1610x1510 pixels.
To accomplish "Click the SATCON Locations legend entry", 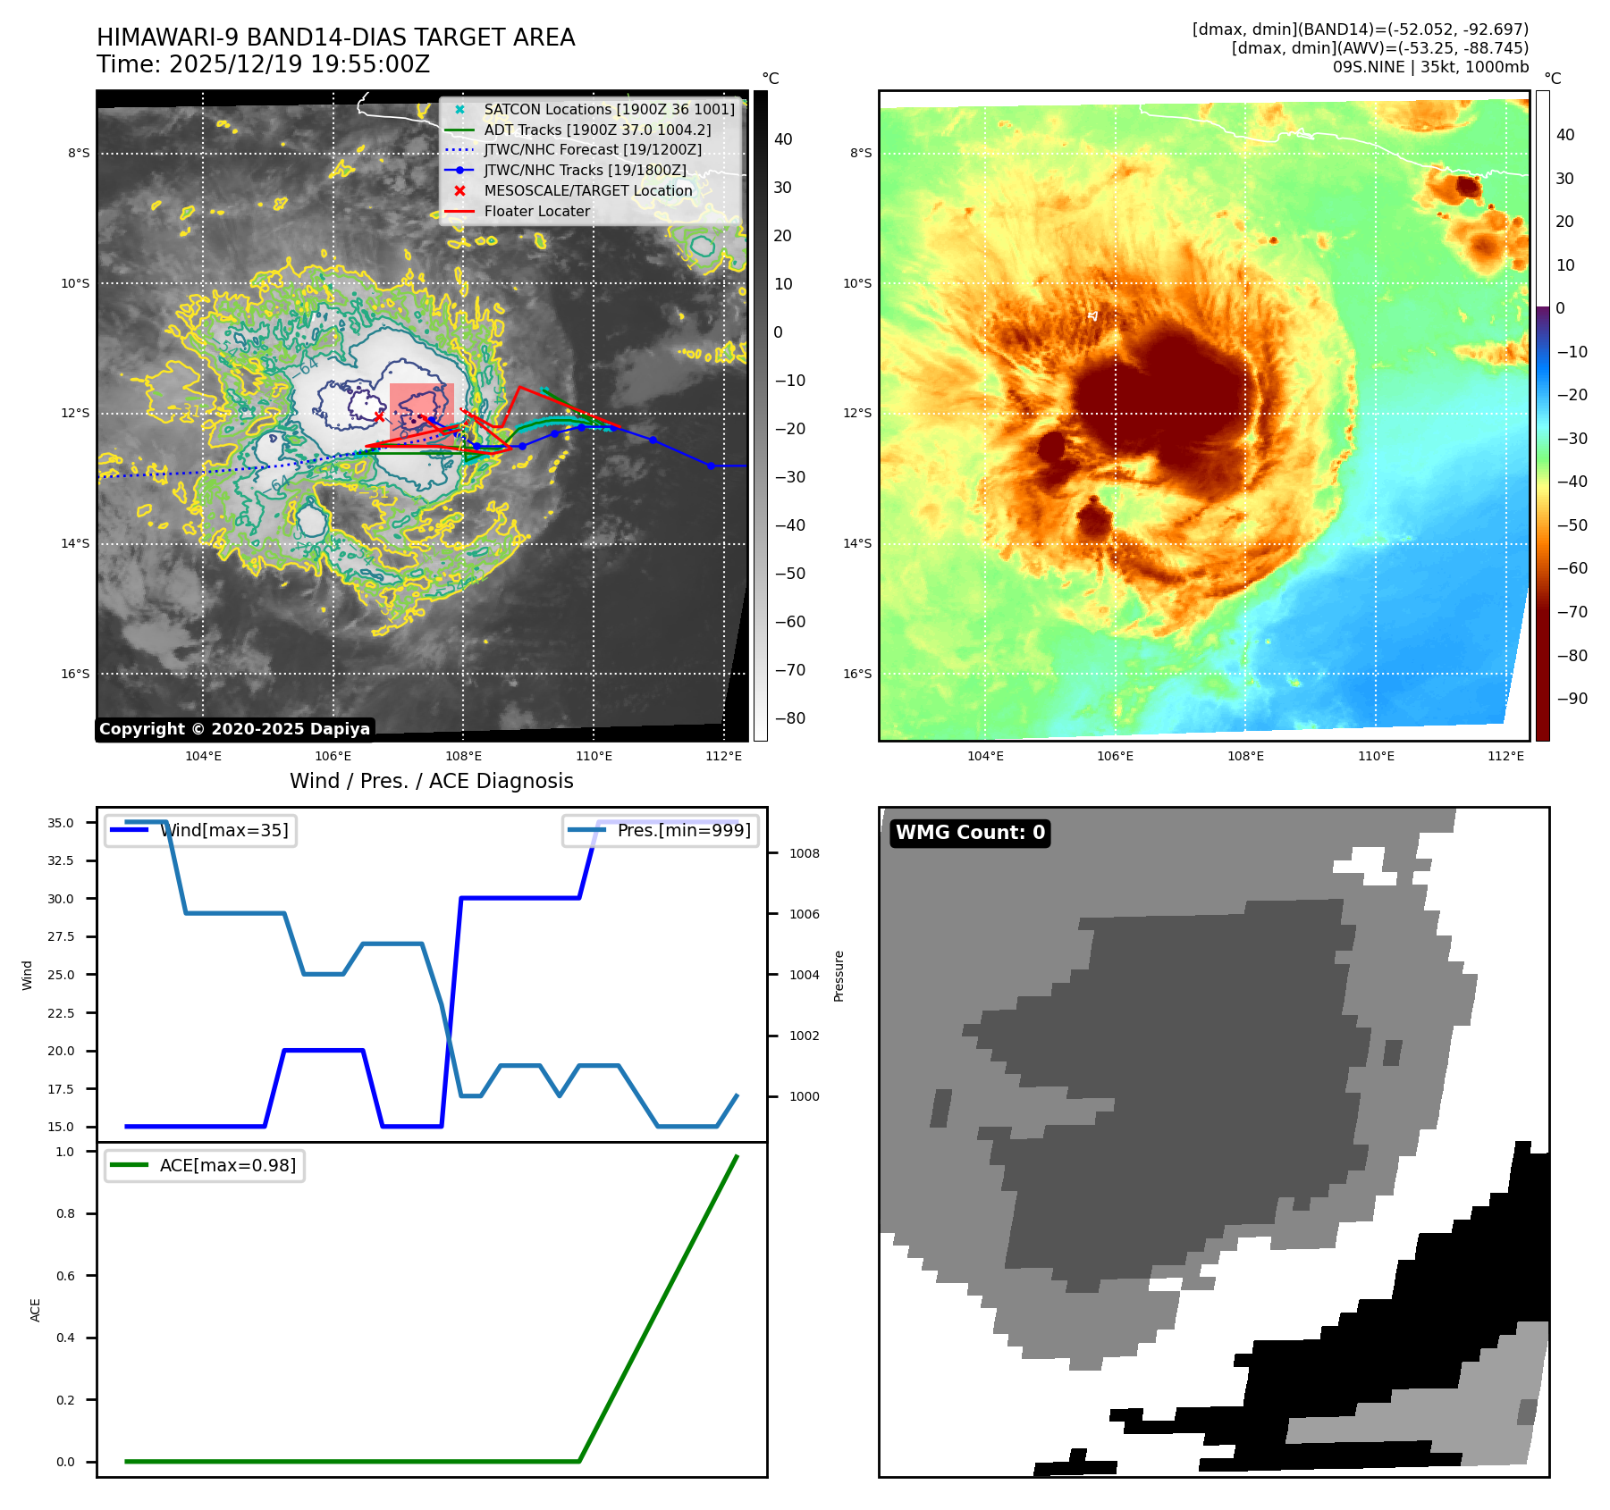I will pyautogui.click(x=609, y=109).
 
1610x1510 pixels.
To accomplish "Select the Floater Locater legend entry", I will pyautogui.click(x=536, y=212).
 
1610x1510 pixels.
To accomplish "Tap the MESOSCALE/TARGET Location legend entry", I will pyautogui.click(x=587, y=191).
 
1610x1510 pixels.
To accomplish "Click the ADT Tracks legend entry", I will pyautogui.click(x=597, y=130).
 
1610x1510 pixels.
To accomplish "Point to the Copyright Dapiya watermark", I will pyautogui.click(x=234, y=729).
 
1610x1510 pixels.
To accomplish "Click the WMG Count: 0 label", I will pyautogui.click(x=970, y=833).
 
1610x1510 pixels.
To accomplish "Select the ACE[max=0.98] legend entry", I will pyautogui.click(x=227, y=1166).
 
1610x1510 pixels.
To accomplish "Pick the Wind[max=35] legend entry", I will pyautogui.click(x=223, y=831).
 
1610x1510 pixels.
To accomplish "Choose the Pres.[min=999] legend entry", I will pyautogui.click(x=684, y=831).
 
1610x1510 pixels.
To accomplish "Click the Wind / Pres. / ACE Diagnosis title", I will pyautogui.click(x=432, y=781).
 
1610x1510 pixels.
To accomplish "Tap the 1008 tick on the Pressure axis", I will pyautogui.click(x=804, y=853).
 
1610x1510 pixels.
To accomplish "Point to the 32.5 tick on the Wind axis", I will pyautogui.click(x=61, y=860).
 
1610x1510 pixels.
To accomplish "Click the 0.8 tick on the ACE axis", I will pyautogui.click(x=65, y=1213).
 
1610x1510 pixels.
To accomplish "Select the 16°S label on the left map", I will pyautogui.click(x=75, y=674).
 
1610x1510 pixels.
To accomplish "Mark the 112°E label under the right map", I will pyautogui.click(x=1505, y=756).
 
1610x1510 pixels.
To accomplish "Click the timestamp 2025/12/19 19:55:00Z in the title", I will pyautogui.click(x=299, y=64).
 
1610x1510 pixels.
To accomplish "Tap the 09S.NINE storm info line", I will pyautogui.click(x=1430, y=67).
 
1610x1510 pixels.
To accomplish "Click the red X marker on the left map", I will pyautogui.click(x=379, y=416).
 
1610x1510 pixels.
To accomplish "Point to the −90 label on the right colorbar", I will pyautogui.click(x=1572, y=699).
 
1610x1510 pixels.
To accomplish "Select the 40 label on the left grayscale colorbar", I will pyautogui.click(x=783, y=139).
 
